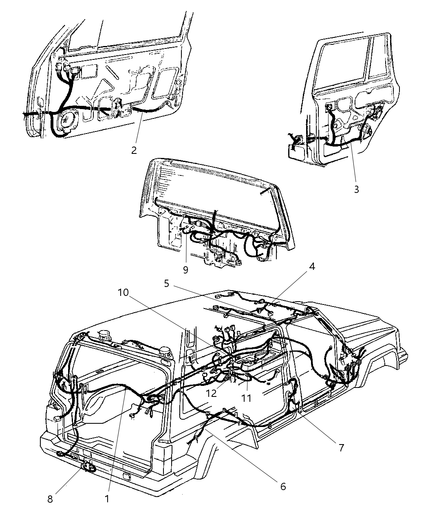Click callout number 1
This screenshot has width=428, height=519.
[107, 499]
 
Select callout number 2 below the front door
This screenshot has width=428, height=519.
[134, 150]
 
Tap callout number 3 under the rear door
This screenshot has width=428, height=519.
[356, 189]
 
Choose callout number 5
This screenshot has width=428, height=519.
[166, 283]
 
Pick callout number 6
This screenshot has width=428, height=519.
[282, 486]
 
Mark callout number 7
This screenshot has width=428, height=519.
[341, 448]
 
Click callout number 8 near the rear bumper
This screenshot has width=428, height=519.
[50, 499]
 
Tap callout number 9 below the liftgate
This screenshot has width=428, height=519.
[185, 270]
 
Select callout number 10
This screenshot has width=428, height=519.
[124, 292]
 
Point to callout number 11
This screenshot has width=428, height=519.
[246, 398]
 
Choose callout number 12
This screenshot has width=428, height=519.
[211, 394]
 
